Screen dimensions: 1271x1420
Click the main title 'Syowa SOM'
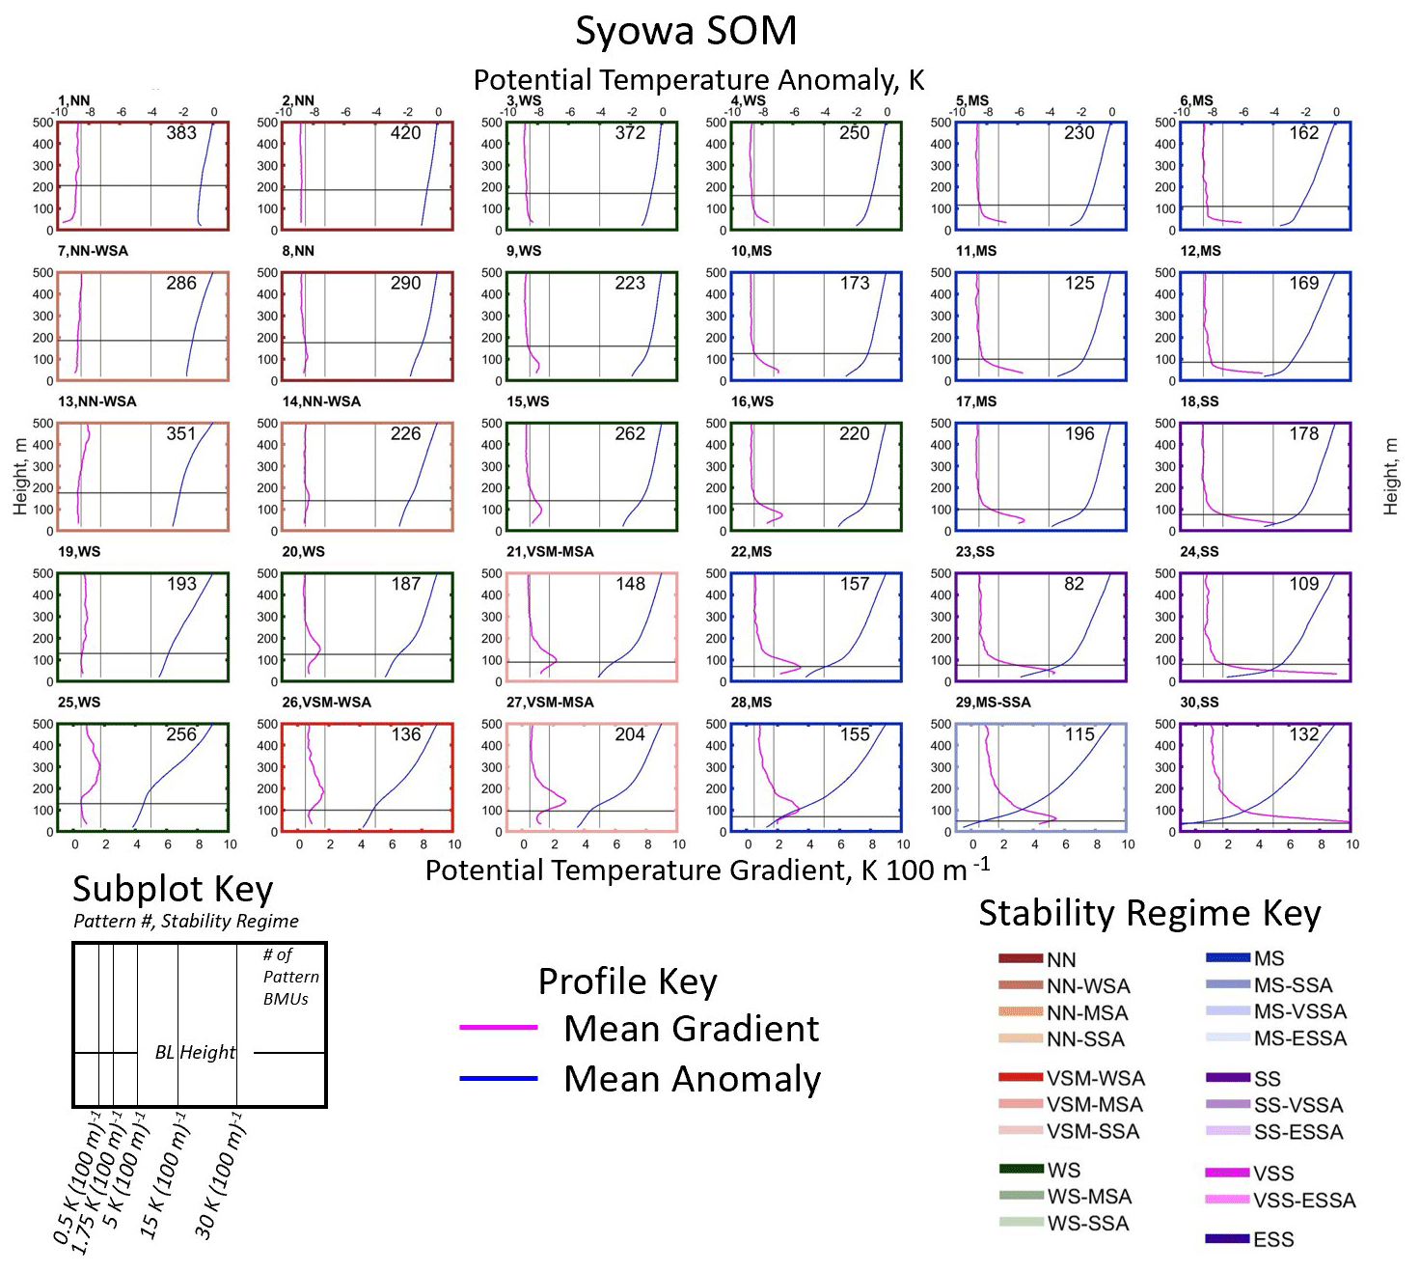(686, 31)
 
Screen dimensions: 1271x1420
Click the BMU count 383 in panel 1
(181, 133)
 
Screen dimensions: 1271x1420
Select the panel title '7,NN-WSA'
(93, 251)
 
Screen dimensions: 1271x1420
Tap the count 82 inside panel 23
(1074, 584)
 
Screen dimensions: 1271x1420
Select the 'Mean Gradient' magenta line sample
(499, 1028)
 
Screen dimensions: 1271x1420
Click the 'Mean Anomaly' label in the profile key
(692, 1079)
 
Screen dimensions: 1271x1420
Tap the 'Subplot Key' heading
(173, 889)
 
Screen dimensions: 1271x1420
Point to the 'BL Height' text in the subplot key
(195, 1052)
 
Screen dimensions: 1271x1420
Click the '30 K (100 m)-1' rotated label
(220, 1175)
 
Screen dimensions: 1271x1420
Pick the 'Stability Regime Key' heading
(1149, 913)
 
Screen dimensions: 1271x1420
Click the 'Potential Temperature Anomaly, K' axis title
(698, 79)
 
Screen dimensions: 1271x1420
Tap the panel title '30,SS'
(1199, 703)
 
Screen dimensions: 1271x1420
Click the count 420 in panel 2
(405, 133)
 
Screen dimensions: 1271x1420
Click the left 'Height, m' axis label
(19, 476)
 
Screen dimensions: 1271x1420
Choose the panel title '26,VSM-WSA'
(326, 703)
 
